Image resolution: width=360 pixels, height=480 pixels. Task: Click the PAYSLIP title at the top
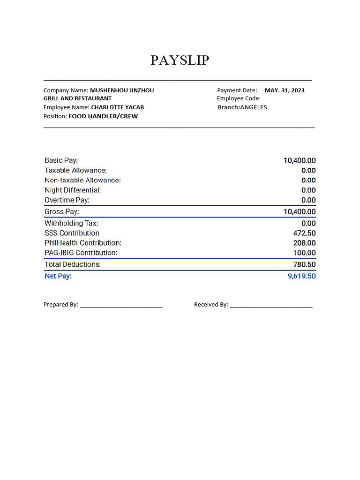click(180, 60)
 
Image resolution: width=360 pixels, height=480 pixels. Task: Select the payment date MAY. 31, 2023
click(285, 90)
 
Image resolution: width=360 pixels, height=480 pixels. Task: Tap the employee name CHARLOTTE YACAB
click(117, 107)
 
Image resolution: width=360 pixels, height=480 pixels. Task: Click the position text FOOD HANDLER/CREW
click(103, 116)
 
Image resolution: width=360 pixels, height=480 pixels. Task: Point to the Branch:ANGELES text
click(242, 107)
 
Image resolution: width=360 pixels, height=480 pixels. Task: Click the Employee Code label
click(239, 98)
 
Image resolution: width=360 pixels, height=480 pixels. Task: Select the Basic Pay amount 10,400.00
click(299, 160)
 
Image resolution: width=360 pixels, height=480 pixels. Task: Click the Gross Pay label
click(61, 212)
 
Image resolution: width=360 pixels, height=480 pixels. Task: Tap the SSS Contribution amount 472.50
click(304, 233)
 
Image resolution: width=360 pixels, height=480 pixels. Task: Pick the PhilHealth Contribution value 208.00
click(304, 243)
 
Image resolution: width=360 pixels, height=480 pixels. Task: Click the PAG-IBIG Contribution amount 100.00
click(304, 253)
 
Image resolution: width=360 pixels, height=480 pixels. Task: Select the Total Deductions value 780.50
click(304, 264)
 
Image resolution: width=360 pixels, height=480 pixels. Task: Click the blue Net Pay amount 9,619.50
click(301, 276)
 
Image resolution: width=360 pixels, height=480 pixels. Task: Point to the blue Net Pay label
click(58, 276)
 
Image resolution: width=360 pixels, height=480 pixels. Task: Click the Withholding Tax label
click(71, 223)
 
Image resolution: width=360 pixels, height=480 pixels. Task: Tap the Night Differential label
click(73, 190)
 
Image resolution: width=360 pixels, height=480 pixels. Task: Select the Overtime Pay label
click(67, 200)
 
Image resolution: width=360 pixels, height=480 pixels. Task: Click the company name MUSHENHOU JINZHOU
click(122, 90)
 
